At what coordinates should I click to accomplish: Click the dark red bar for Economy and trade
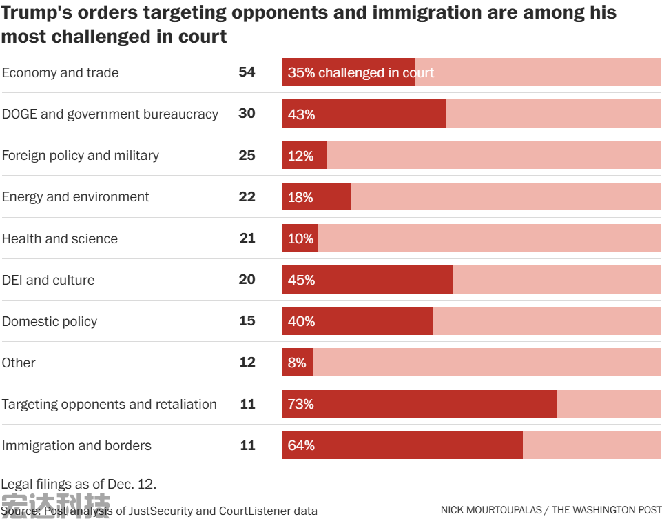click(348, 72)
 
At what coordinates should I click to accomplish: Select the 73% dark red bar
click(419, 404)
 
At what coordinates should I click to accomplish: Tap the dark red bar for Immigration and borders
click(402, 445)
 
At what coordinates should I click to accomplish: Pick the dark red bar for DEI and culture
click(366, 280)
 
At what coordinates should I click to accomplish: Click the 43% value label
click(301, 114)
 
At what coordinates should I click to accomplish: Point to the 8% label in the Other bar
click(297, 363)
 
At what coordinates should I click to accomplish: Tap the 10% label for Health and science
click(300, 238)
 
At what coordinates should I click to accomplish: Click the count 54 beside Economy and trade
click(247, 72)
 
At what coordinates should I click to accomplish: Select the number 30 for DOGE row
click(247, 114)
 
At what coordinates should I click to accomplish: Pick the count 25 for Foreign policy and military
click(247, 155)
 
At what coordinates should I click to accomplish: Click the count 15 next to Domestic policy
click(247, 320)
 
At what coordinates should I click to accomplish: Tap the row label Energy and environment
click(75, 197)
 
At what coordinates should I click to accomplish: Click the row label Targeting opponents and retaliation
click(109, 404)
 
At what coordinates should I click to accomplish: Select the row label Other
click(19, 363)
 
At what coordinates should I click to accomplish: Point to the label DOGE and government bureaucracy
click(110, 114)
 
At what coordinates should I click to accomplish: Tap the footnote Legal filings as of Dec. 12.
click(79, 484)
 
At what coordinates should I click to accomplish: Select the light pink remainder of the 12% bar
click(493, 155)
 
